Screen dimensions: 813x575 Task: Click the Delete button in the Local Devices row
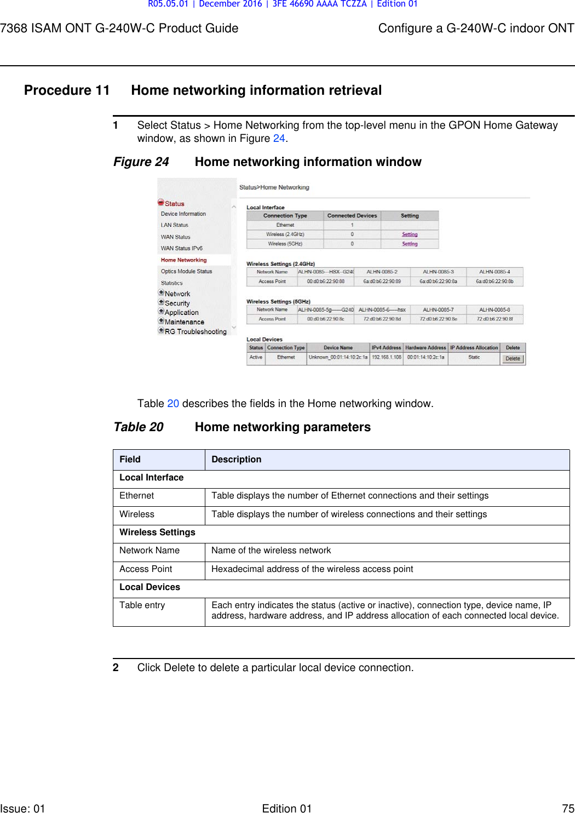(x=513, y=359)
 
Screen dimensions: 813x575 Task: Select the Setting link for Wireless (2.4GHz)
(x=410, y=234)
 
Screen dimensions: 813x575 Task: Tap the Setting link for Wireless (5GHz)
(x=410, y=244)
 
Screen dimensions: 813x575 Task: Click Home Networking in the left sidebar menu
(x=183, y=260)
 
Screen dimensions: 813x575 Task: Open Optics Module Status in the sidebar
(x=186, y=271)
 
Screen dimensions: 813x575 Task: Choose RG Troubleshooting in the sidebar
(x=196, y=331)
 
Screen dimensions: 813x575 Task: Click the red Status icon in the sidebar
(x=161, y=203)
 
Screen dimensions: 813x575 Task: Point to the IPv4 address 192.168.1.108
(x=387, y=357)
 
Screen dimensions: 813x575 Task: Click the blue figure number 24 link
(x=279, y=139)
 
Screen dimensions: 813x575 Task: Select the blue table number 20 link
(x=173, y=404)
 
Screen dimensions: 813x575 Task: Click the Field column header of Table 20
(x=130, y=460)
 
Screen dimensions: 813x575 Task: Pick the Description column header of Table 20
(x=237, y=460)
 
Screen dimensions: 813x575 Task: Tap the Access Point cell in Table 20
(x=146, y=569)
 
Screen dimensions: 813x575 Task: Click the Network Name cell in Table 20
(x=150, y=551)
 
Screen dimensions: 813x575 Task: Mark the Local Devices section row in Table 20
(x=150, y=587)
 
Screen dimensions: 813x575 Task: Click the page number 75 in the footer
(x=568, y=808)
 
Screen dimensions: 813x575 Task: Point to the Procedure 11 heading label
(x=67, y=90)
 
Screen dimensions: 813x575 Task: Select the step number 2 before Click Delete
(x=116, y=668)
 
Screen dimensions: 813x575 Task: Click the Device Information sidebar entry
(x=183, y=214)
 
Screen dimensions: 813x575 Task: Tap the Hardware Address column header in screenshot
(x=426, y=348)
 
